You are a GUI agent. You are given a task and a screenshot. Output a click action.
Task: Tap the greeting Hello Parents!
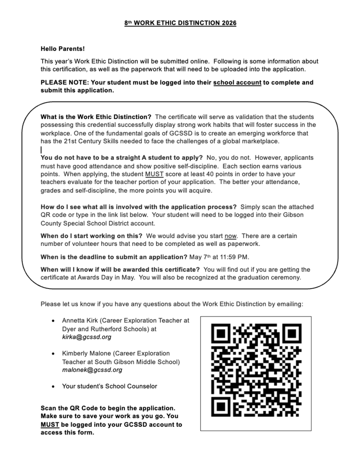click(63, 49)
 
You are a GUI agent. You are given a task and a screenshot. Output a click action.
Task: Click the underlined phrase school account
click(237, 83)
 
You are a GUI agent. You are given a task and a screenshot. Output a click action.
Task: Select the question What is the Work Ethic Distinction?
click(96, 116)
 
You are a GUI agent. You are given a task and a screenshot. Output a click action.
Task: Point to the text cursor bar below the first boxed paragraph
click(41, 150)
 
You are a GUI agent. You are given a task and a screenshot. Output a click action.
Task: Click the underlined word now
click(231, 236)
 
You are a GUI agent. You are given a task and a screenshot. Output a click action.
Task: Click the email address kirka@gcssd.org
click(87, 337)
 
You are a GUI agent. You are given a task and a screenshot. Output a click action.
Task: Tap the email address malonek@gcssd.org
click(92, 370)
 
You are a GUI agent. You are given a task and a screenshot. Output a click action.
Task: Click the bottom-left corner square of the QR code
click(222, 406)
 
